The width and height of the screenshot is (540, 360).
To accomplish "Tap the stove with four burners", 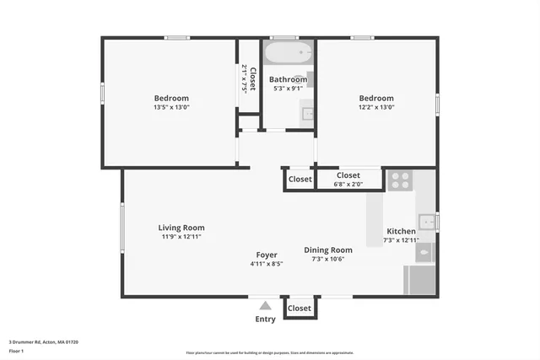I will pyautogui.click(x=399, y=180).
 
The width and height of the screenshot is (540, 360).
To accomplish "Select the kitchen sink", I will pyautogui.click(x=427, y=222).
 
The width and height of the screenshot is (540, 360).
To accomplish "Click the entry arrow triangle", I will pyautogui.click(x=265, y=307).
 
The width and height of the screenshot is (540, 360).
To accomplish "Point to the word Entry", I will pyautogui.click(x=265, y=320).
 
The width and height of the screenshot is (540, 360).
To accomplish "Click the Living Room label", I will pyautogui.click(x=181, y=228).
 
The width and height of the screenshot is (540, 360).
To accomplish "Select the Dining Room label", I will pyautogui.click(x=328, y=250).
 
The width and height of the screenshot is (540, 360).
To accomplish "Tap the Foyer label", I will pyautogui.click(x=267, y=255).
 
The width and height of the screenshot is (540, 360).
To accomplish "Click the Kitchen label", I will pyautogui.click(x=401, y=231).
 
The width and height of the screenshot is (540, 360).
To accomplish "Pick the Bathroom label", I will pyautogui.click(x=288, y=79).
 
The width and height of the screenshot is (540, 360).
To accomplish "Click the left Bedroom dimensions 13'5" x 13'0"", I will pyautogui.click(x=171, y=107).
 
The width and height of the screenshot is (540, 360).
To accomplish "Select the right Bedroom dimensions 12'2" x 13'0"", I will pyautogui.click(x=376, y=107).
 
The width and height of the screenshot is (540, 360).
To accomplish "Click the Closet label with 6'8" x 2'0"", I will pyautogui.click(x=348, y=175).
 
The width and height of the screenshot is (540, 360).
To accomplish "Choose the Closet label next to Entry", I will pyautogui.click(x=300, y=309).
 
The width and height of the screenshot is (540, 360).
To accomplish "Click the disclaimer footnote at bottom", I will pyautogui.click(x=269, y=353).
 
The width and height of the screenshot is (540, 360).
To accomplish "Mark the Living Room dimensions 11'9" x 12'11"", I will pyautogui.click(x=181, y=237).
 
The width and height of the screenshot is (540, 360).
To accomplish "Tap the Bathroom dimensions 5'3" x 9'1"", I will pyautogui.click(x=286, y=89).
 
